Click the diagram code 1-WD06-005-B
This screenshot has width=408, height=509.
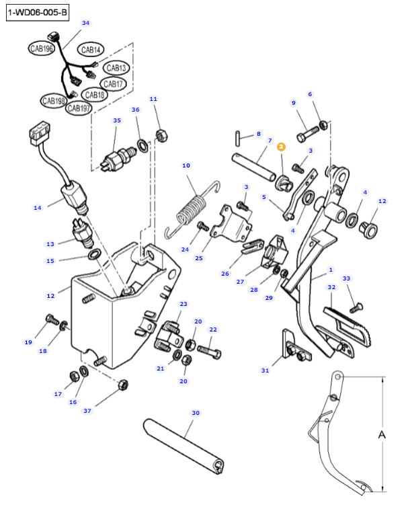pos(38,13)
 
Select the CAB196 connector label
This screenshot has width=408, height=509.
pos(42,48)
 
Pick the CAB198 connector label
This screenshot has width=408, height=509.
pos(54,101)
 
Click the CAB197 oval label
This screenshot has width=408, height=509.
pos(80,108)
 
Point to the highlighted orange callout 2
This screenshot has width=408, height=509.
pos(281,146)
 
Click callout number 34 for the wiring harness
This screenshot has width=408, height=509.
pos(85,23)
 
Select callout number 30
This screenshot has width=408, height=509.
pos(196,413)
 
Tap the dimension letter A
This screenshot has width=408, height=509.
pos(381,435)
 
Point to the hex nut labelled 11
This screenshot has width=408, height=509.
pos(161,134)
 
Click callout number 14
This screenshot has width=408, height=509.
pos(38,208)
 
